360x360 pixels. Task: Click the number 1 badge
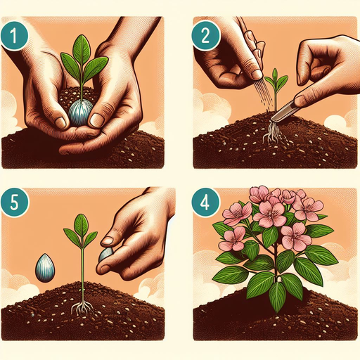click(x=14, y=36)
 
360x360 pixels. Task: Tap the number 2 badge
click(x=206, y=36)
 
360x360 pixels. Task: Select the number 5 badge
click(x=15, y=202)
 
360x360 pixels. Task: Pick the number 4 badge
click(x=205, y=202)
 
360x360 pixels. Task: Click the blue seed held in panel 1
click(x=79, y=112)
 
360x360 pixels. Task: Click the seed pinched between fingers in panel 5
click(x=105, y=255)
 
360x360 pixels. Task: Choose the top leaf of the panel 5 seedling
click(x=81, y=226)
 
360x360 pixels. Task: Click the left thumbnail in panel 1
click(x=60, y=122)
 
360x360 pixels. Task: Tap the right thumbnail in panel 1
click(x=96, y=120)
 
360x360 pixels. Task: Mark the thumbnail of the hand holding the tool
click(x=301, y=99)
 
